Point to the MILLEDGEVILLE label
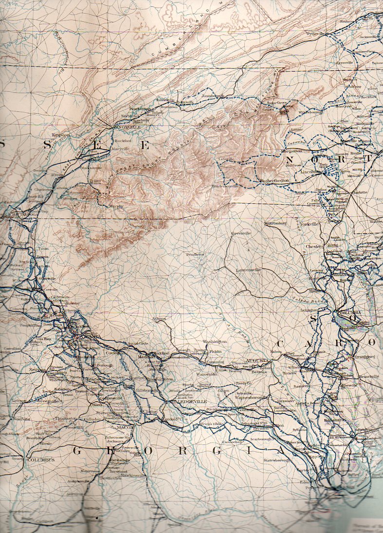click(x=187, y=402)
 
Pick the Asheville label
click(x=226, y=159)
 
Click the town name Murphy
click(x=116, y=206)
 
